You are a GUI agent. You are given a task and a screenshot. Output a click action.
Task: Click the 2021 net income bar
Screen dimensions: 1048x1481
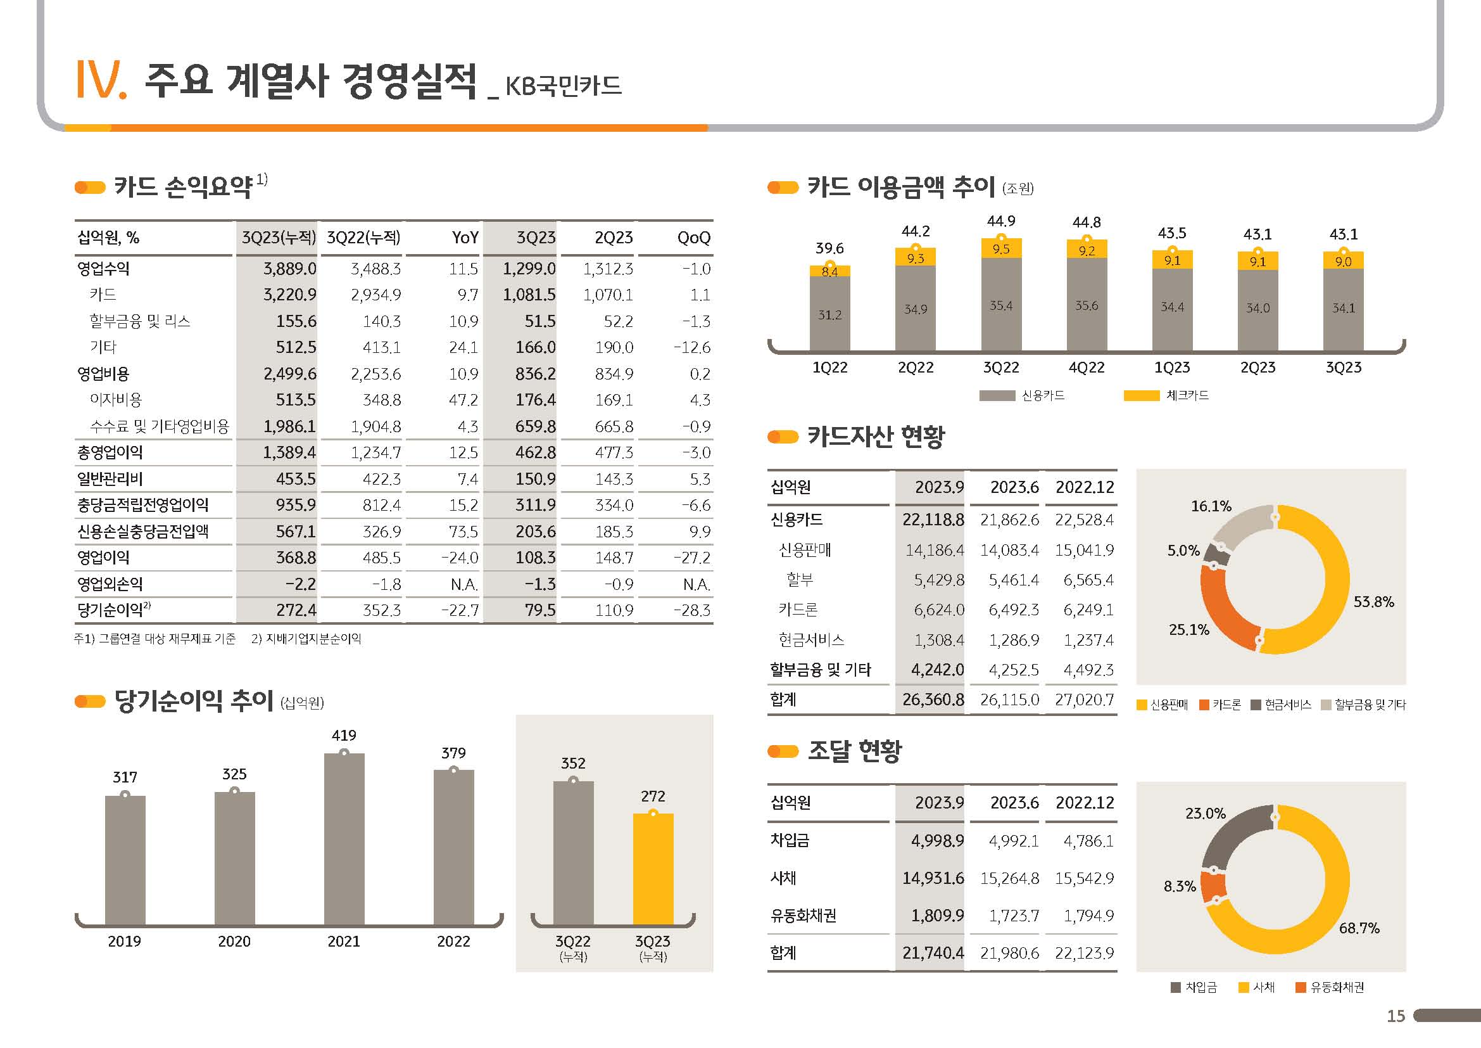344,839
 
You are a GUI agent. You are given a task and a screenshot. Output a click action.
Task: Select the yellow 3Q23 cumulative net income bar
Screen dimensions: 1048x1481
653,869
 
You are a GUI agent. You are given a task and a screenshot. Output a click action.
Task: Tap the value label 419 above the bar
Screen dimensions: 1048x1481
344,735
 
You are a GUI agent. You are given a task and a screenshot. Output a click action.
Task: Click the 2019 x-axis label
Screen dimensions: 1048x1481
125,942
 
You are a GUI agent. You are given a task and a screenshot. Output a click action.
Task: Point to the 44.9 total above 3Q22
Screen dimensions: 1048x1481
1000,221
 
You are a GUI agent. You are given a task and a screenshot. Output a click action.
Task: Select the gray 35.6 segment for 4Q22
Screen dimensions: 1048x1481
1087,305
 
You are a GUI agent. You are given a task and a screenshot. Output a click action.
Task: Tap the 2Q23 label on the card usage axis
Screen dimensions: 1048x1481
1257,368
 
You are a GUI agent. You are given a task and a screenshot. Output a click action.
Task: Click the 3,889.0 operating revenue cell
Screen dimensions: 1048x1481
289,269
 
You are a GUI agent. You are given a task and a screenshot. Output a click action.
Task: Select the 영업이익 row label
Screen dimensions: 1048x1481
103,558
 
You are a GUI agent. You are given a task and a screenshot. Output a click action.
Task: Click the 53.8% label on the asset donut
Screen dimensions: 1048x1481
1373,602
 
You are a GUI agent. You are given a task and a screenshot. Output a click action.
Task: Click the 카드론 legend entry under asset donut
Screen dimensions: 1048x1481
1219,705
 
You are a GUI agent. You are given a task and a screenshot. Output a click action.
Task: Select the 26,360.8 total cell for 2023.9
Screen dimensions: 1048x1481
933,700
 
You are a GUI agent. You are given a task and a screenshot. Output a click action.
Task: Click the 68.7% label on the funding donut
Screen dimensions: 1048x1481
1359,928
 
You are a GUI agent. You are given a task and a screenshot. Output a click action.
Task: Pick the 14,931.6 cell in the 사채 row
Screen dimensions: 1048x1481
933,878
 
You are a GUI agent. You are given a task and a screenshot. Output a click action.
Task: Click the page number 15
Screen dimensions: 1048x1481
1396,1016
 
